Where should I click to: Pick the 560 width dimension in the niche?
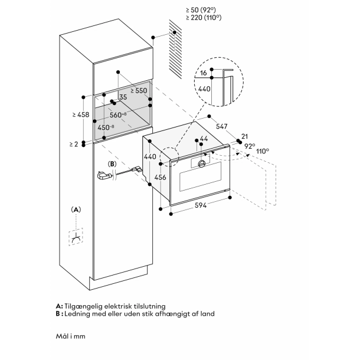(x=119, y=114)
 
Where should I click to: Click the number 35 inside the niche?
(x=123, y=97)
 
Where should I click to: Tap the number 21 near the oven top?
(x=245, y=135)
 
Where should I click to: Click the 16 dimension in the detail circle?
(x=204, y=73)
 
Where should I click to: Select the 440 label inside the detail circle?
(x=204, y=89)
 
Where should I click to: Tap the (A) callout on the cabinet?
(x=75, y=210)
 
